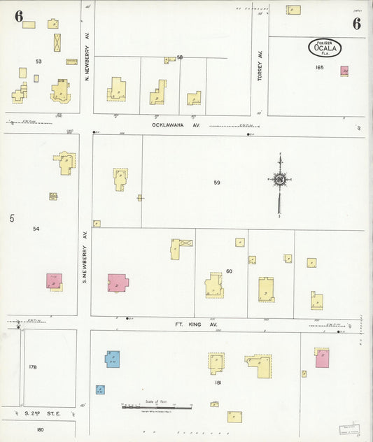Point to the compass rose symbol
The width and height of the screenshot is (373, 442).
[280, 179]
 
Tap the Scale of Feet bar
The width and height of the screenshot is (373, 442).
[157, 406]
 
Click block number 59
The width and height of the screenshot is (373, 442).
[217, 183]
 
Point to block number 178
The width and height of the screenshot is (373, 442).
[32, 366]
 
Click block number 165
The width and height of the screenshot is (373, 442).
[320, 68]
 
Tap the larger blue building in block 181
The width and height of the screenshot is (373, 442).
[112, 359]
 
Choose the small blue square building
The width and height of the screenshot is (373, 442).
[100, 390]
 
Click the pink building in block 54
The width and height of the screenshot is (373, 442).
[54, 282]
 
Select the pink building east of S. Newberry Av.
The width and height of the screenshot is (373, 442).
[118, 283]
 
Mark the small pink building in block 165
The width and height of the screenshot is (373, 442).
[344, 71]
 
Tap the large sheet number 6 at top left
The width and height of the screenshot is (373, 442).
[18, 16]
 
